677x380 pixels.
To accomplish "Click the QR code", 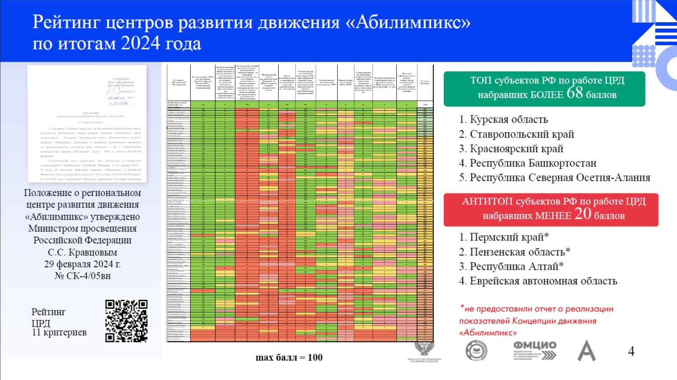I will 126,321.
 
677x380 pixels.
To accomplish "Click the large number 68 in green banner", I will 575,93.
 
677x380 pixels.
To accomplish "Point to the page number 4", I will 631,351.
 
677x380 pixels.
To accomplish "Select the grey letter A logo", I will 586,351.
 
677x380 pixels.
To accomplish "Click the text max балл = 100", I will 289,357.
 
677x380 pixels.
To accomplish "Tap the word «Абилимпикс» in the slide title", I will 408,22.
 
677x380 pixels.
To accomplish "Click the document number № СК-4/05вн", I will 83,276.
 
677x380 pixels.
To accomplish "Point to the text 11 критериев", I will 59,333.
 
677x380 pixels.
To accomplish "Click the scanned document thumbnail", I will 87,124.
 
